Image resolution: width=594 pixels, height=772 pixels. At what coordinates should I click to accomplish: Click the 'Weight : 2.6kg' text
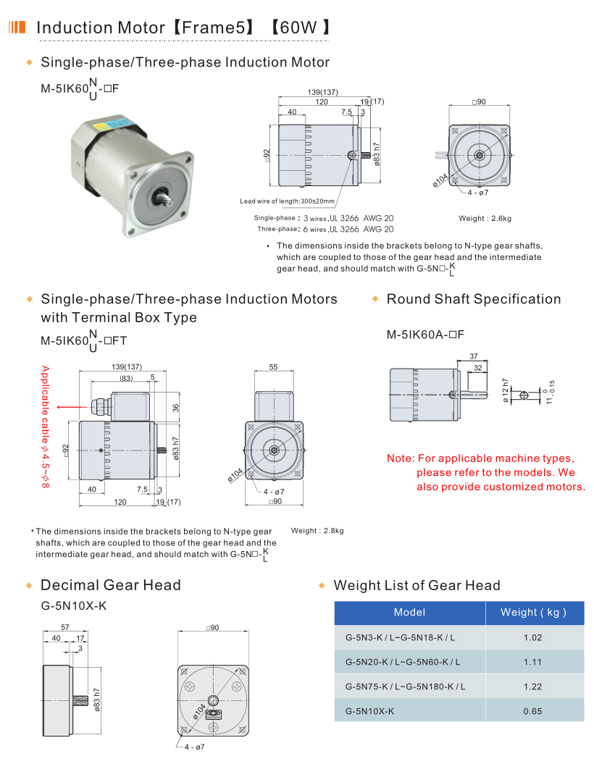click(485, 218)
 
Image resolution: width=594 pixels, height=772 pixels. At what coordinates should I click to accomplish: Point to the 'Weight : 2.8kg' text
click(317, 531)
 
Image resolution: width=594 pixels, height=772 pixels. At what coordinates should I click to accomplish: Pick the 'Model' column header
click(409, 613)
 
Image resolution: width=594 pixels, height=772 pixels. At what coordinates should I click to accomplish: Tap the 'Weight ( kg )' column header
click(532, 613)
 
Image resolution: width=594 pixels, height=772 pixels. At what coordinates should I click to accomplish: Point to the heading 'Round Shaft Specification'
click(474, 299)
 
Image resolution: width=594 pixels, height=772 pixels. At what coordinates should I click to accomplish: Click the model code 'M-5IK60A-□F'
click(424, 335)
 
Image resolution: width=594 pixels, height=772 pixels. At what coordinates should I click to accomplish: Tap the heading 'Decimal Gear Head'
click(111, 585)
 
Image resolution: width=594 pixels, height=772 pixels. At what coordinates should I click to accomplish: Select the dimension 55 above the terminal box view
click(273, 367)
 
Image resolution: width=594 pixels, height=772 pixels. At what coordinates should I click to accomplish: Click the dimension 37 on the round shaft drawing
click(474, 356)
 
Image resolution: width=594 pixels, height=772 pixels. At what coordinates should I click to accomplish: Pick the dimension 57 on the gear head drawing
click(64, 626)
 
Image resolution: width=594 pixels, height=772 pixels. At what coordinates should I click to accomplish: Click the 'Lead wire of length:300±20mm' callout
click(288, 201)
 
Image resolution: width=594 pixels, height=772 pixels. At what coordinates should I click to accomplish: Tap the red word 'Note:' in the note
click(400, 458)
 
